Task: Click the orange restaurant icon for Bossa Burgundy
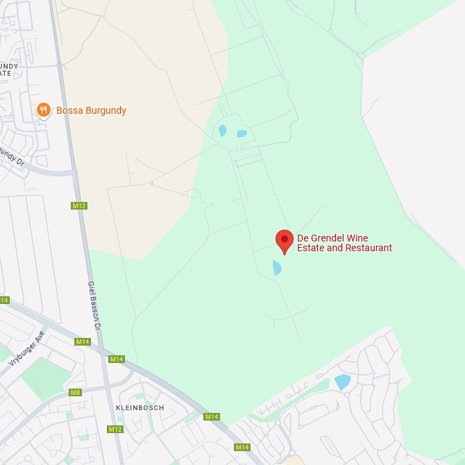click(x=43, y=110)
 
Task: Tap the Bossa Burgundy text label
click(x=91, y=110)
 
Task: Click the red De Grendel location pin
click(x=285, y=240)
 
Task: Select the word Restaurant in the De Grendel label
click(x=369, y=248)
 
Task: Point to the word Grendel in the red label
click(x=328, y=238)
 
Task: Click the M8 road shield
click(x=75, y=393)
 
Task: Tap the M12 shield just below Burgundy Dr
click(x=79, y=205)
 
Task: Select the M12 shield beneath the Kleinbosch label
click(x=115, y=430)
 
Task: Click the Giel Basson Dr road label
click(x=95, y=305)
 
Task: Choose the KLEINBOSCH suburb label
click(x=140, y=407)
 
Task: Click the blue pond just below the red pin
click(x=277, y=267)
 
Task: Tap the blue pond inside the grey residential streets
click(x=342, y=381)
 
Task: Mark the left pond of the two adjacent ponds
click(x=223, y=130)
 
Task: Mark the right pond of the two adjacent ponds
click(x=242, y=133)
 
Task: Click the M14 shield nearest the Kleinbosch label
click(x=116, y=359)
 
